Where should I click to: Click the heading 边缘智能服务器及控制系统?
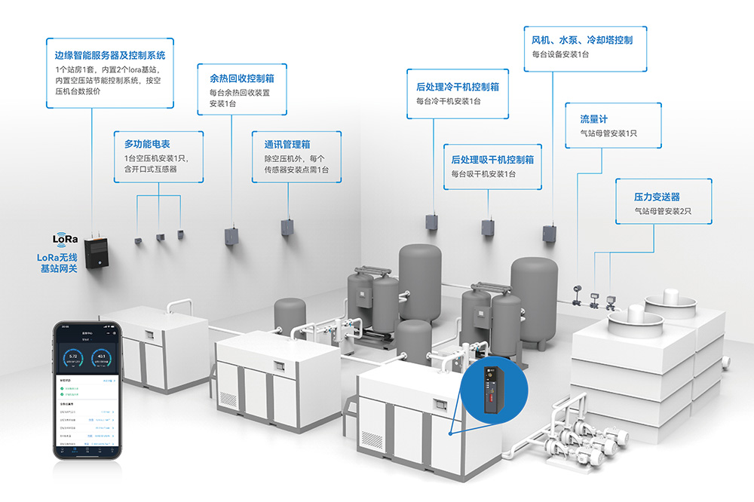pos(110,55)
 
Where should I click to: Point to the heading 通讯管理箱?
pos(287,144)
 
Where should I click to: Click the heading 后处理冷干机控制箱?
pos(458,87)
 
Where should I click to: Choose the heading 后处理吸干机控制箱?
pos(492,159)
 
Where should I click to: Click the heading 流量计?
pos(594,119)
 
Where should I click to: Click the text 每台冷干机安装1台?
pos(448,101)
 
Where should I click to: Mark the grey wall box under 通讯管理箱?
pos(287,228)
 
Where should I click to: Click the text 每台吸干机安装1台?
pos(483,174)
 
